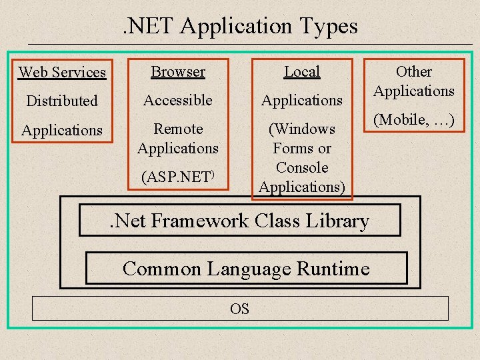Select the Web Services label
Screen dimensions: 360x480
click(x=62, y=72)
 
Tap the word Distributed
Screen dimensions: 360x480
click(x=62, y=101)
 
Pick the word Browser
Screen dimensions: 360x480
click(x=178, y=71)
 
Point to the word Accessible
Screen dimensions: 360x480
click(x=178, y=100)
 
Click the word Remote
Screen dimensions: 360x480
click(x=178, y=129)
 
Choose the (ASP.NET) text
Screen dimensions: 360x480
click(x=177, y=178)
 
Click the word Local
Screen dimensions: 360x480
click(x=302, y=71)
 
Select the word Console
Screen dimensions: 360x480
click(x=302, y=167)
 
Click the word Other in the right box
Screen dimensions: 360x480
click(x=414, y=71)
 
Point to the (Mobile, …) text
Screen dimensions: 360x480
click(x=414, y=120)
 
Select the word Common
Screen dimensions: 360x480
click(x=162, y=269)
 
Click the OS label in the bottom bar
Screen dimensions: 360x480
click(x=240, y=309)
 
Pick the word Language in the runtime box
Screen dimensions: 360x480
click(x=250, y=269)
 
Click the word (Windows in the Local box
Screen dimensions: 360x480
click(x=302, y=129)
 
